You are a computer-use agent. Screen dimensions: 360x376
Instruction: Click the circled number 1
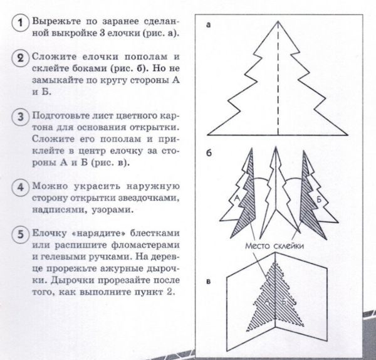21,24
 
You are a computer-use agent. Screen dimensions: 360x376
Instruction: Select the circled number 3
21,118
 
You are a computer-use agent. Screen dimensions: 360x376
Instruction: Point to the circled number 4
21,188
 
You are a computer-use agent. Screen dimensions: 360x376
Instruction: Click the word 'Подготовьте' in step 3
61,117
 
